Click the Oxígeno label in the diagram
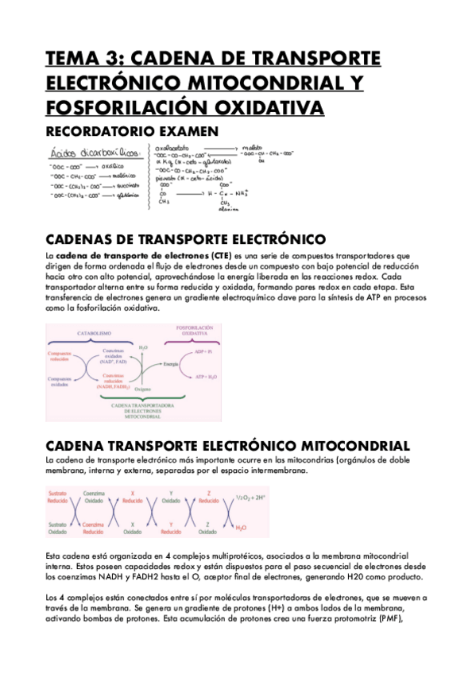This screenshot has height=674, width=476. point(144,389)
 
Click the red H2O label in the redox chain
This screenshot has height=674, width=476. point(241,528)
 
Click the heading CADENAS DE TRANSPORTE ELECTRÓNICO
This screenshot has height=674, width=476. point(186,238)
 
